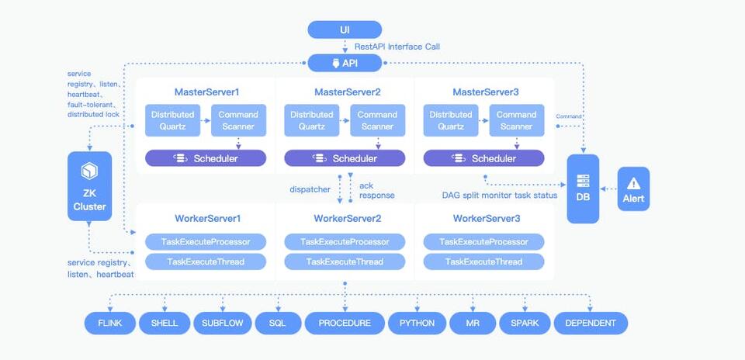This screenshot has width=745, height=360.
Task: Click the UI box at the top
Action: (345, 29)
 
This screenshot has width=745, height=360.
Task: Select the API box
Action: (345, 64)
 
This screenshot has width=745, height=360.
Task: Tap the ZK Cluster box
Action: (90, 186)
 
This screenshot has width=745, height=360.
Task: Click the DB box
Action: (583, 189)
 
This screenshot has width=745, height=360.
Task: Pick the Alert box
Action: (633, 189)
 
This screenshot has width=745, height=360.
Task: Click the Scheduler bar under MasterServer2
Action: (345, 158)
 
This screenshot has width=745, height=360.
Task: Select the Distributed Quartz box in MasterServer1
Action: (172, 120)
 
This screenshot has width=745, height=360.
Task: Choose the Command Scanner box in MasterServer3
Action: (516, 120)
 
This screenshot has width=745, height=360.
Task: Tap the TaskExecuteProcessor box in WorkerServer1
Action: (206, 242)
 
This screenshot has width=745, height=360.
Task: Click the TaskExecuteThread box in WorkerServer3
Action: (483, 261)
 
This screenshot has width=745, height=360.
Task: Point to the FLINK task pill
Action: (109, 323)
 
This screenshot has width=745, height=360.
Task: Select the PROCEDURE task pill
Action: (344, 323)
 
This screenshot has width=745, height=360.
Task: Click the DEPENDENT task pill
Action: (591, 323)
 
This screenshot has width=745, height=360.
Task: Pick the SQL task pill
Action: (279, 323)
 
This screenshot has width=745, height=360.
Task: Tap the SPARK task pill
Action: (525, 323)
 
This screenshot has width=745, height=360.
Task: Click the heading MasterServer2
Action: (345, 92)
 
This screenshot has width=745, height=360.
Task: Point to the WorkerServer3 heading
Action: (483, 218)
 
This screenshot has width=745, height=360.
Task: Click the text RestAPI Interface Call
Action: (397, 47)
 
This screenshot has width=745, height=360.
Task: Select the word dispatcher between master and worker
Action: (310, 189)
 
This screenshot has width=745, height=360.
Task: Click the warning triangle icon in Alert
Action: (633, 183)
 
